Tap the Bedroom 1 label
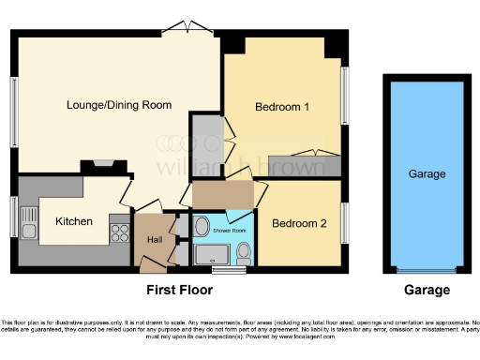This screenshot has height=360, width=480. pos(282,107)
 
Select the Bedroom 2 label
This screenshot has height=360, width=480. pos(299,224)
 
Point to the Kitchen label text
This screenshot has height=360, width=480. pos(73,221)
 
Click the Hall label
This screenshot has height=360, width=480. pos(154,239)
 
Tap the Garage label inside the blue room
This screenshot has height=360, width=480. pos(427,174)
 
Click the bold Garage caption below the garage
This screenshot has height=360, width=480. pos(427,290)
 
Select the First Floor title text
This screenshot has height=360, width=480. pos(179,290)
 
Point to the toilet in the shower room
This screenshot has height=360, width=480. pos(244,250)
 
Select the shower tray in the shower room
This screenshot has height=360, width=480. pos(217,254)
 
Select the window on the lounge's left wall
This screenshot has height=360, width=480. pos(14,110)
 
